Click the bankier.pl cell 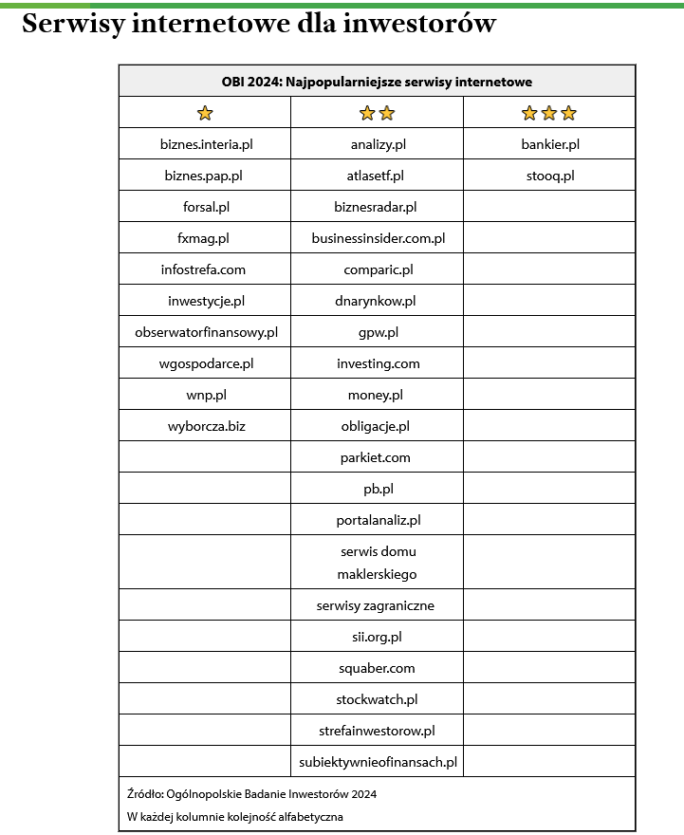(x=550, y=144)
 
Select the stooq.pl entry (x=550, y=176)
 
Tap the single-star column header (x=205, y=113)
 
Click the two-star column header (x=377, y=113)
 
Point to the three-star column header (x=549, y=113)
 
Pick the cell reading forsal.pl (x=206, y=207)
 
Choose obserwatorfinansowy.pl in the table (x=206, y=332)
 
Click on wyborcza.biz (x=206, y=426)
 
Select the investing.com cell (x=378, y=363)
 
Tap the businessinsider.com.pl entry (x=378, y=238)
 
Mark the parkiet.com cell (x=376, y=457)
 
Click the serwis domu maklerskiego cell (x=378, y=562)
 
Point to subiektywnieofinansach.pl (x=378, y=761)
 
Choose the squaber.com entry (x=377, y=668)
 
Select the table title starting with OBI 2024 (x=377, y=82)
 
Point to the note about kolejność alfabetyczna (x=235, y=816)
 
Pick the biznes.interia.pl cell (x=206, y=144)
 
